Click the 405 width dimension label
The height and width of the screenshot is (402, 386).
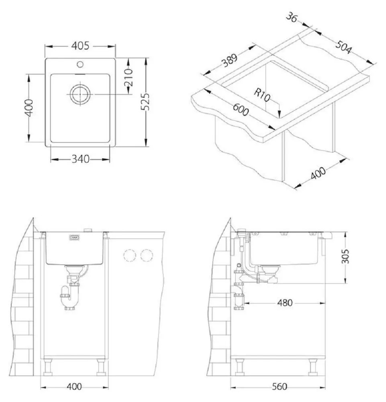(80, 46)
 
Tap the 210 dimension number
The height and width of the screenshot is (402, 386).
(129, 78)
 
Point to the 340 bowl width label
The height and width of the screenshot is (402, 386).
(80, 159)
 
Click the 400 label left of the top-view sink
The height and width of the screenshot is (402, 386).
(28, 108)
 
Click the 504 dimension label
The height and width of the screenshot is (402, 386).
(343, 47)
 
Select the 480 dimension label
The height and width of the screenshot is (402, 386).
(284, 303)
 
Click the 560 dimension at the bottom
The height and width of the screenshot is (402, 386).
(279, 387)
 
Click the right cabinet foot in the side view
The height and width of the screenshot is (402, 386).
(312, 367)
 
